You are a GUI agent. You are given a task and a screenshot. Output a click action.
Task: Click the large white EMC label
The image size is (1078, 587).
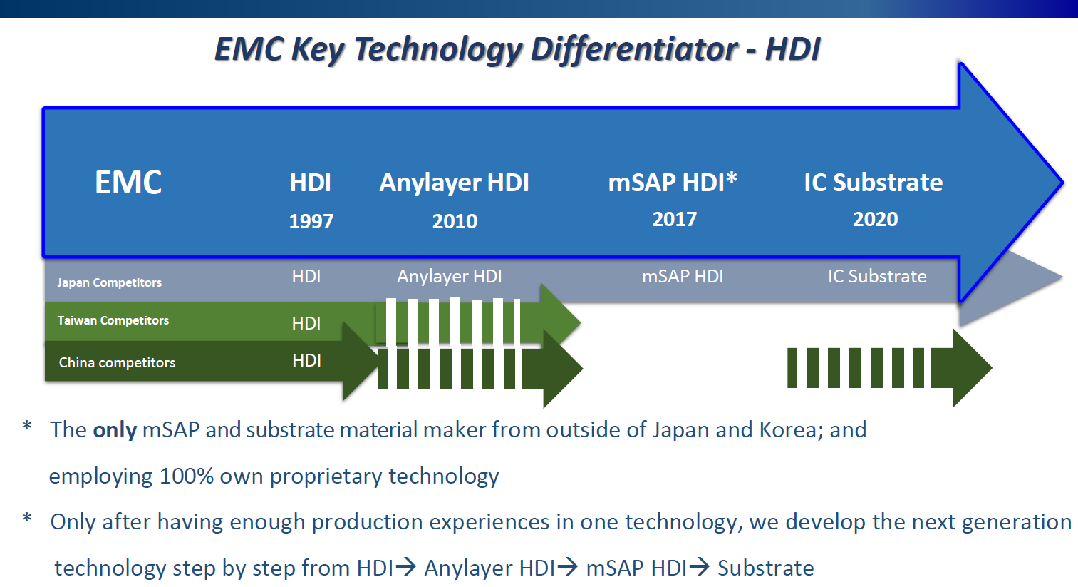click(128, 183)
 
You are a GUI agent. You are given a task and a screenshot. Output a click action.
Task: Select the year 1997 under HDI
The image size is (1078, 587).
click(311, 221)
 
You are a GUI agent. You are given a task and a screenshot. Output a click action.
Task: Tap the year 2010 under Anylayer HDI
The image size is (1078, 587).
click(455, 221)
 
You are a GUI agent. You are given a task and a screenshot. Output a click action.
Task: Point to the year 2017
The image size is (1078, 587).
click(674, 219)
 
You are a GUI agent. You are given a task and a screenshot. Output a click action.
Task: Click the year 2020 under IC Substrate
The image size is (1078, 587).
click(875, 219)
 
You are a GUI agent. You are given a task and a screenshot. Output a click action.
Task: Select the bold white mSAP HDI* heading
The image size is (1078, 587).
click(672, 183)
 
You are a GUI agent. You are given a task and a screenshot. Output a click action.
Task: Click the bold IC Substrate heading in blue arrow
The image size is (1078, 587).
click(873, 183)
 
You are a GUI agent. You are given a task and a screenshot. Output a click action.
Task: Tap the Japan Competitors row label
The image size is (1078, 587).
click(109, 282)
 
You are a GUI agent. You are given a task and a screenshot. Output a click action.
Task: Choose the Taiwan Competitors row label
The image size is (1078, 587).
click(113, 320)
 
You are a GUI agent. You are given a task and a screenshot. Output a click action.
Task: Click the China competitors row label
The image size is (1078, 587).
click(117, 362)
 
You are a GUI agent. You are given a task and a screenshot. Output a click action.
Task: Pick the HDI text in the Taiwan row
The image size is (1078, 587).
click(306, 323)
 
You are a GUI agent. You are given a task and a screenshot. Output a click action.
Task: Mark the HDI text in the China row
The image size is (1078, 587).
click(306, 361)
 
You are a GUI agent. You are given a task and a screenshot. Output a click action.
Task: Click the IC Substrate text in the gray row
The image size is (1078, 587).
click(877, 276)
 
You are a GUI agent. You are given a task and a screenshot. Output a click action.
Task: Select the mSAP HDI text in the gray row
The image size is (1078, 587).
click(682, 276)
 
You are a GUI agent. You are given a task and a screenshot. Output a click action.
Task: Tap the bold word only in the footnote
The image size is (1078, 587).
click(115, 430)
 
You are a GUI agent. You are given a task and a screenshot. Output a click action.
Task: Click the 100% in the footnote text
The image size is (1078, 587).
click(187, 476)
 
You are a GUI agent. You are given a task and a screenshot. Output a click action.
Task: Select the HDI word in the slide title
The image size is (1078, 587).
click(792, 49)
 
